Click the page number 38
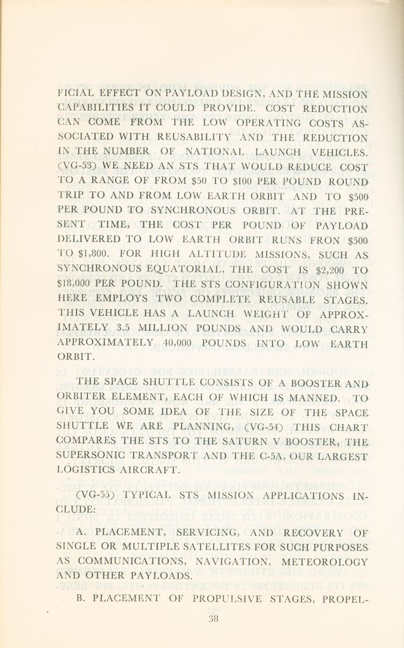[x=213, y=620]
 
